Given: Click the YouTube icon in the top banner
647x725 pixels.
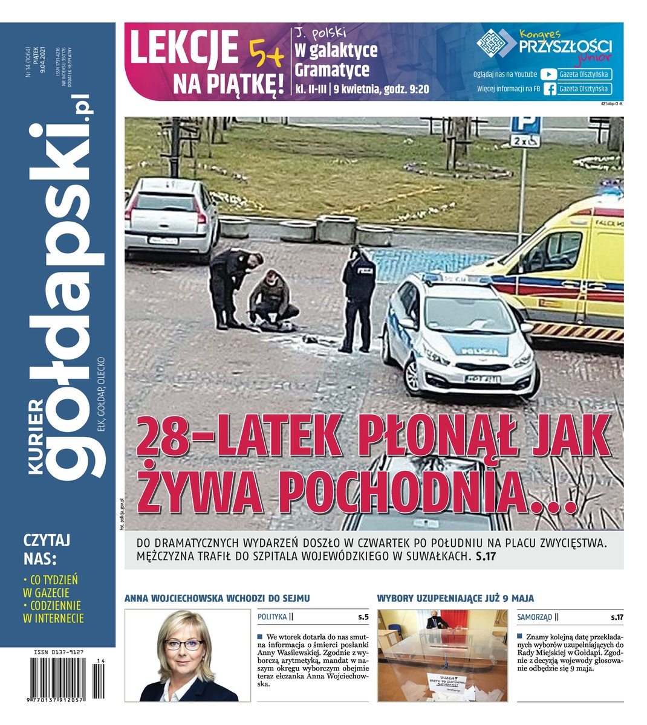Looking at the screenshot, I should coord(548,75).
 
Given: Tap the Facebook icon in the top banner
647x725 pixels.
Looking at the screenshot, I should coord(549,89).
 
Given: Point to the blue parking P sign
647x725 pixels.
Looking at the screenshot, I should coord(524,126).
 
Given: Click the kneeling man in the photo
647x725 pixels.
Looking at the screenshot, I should coord(273,300).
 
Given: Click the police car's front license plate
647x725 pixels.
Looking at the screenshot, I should coord(483,379).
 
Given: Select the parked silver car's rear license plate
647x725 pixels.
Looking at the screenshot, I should coord(163,240).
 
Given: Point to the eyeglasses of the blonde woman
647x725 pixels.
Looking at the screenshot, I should coord(182,645).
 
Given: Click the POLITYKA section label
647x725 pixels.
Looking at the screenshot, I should coord(272,617).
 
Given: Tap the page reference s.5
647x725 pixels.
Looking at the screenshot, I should coord(363,617).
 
